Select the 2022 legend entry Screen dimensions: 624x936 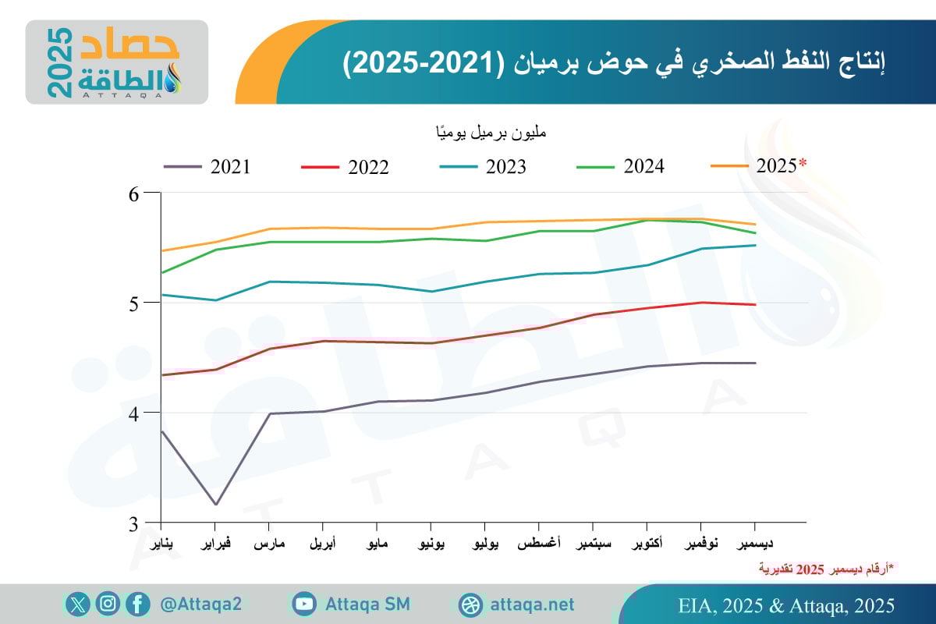tap(344, 167)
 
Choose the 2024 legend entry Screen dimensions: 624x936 tap(619, 166)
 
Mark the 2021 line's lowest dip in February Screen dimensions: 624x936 tap(214, 504)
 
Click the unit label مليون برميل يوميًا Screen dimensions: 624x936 tap(491, 133)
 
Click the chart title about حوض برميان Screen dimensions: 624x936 tap(615, 63)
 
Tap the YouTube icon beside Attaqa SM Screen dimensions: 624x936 tap(303, 604)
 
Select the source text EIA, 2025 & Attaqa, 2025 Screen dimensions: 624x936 tap(786, 605)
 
